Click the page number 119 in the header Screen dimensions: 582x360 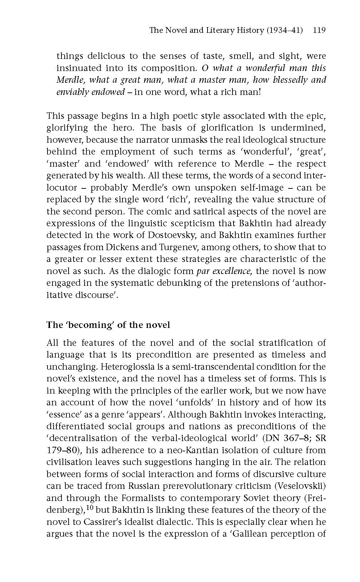tap(319, 30)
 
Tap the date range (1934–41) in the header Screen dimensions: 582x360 tap(284, 30)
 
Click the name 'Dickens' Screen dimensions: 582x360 tap(134, 247)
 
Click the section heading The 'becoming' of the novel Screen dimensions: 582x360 tap(108, 325)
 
